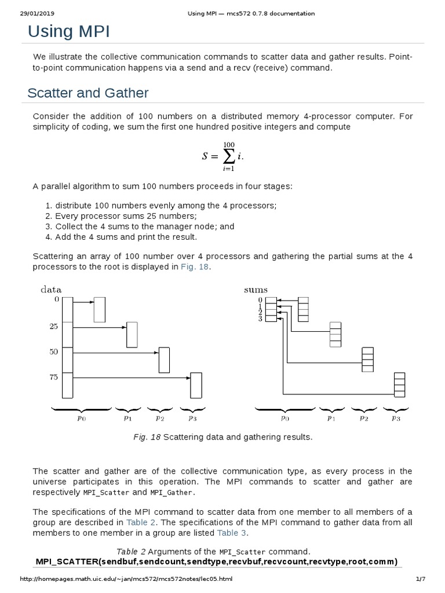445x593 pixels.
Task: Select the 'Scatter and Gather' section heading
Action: coord(88,93)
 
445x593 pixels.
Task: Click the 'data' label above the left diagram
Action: coord(50,289)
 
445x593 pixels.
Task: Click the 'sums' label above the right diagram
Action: coord(256,289)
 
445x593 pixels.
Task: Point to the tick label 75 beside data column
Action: coord(53,377)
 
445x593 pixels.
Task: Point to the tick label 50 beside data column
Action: coord(53,352)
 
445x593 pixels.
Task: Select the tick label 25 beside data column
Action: coord(53,326)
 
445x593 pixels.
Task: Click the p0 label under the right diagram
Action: coord(285,417)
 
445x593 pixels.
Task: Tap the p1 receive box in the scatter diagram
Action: coord(132,334)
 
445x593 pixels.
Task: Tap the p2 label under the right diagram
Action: coord(363,417)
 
